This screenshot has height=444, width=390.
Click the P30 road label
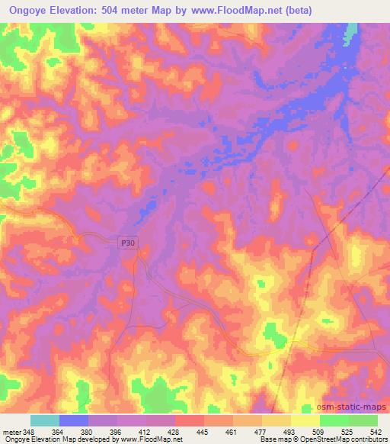click(x=129, y=243)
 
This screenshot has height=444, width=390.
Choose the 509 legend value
click(x=319, y=431)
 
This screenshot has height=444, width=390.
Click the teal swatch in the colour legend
click(x=45, y=420)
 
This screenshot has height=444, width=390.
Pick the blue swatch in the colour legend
click(x=74, y=420)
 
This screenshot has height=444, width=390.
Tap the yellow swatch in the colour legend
click(x=305, y=420)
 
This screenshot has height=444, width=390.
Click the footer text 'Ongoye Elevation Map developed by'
click(x=52, y=439)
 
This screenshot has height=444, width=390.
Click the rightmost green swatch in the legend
click(x=363, y=420)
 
